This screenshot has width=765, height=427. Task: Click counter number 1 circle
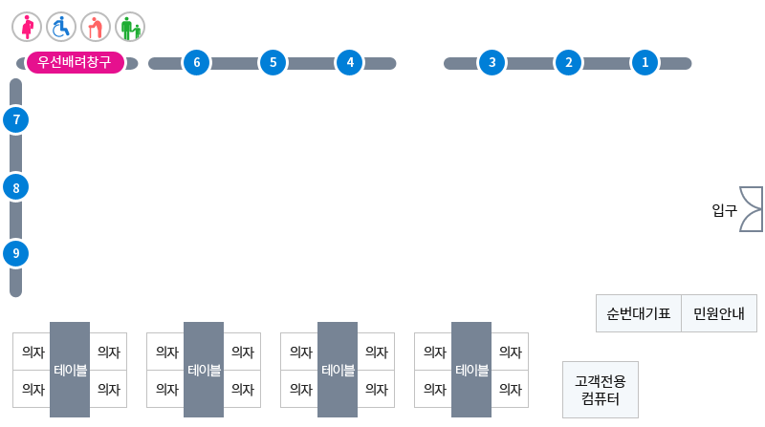click(645, 62)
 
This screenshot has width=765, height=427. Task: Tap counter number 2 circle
click(568, 62)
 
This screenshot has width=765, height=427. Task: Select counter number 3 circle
click(492, 62)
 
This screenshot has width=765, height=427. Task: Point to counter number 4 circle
click(350, 62)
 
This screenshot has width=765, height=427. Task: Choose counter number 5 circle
click(273, 62)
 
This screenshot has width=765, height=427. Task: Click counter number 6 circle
click(197, 62)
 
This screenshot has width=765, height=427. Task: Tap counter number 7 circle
click(16, 119)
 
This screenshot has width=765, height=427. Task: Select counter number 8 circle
click(16, 187)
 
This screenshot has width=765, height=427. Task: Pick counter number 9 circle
click(16, 253)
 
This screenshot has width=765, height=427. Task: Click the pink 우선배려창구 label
click(76, 62)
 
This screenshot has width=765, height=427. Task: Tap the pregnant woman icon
click(27, 27)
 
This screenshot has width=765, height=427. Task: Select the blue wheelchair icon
click(61, 27)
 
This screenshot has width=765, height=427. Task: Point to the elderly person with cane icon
click(96, 27)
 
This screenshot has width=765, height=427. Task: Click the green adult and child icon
click(130, 27)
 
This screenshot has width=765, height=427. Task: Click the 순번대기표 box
click(639, 313)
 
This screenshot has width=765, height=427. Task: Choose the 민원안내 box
click(719, 313)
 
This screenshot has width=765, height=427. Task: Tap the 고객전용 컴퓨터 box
click(601, 390)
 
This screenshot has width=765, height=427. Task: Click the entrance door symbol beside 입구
click(752, 209)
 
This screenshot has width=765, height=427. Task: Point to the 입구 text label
click(725, 210)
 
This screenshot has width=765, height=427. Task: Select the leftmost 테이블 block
click(70, 370)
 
